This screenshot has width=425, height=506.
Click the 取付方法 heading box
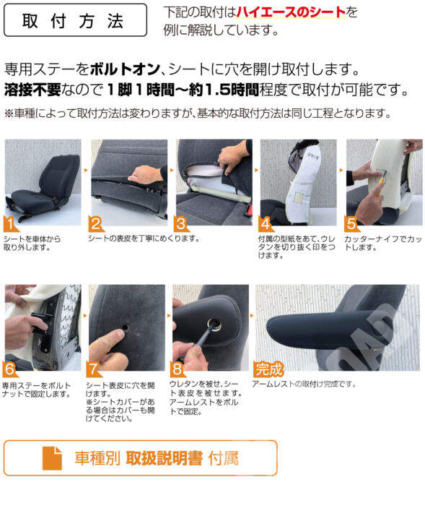[x=75, y=20]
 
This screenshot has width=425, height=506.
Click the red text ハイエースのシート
[x=291, y=12]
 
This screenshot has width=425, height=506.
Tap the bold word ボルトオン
[x=125, y=69]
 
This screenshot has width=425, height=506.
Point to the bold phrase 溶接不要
[x=32, y=90]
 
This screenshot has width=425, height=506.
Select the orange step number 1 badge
[x=10, y=223]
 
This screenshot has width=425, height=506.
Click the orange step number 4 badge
[x=266, y=223]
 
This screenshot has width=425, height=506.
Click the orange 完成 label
[x=268, y=369]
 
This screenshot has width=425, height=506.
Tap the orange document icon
[x=52, y=458]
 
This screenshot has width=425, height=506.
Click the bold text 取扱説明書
[x=165, y=458]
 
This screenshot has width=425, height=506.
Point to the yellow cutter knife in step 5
[x=380, y=186]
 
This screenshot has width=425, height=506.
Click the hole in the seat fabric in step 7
[x=126, y=328]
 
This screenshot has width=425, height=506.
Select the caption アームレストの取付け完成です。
[x=304, y=384]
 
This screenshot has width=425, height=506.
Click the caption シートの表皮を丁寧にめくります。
[x=144, y=239]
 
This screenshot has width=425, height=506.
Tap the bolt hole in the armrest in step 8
[x=214, y=323]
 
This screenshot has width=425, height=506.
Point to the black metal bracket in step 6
[x=43, y=322]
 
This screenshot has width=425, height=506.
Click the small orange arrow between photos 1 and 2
[x=86, y=170]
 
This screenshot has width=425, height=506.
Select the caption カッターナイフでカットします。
[x=383, y=243]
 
